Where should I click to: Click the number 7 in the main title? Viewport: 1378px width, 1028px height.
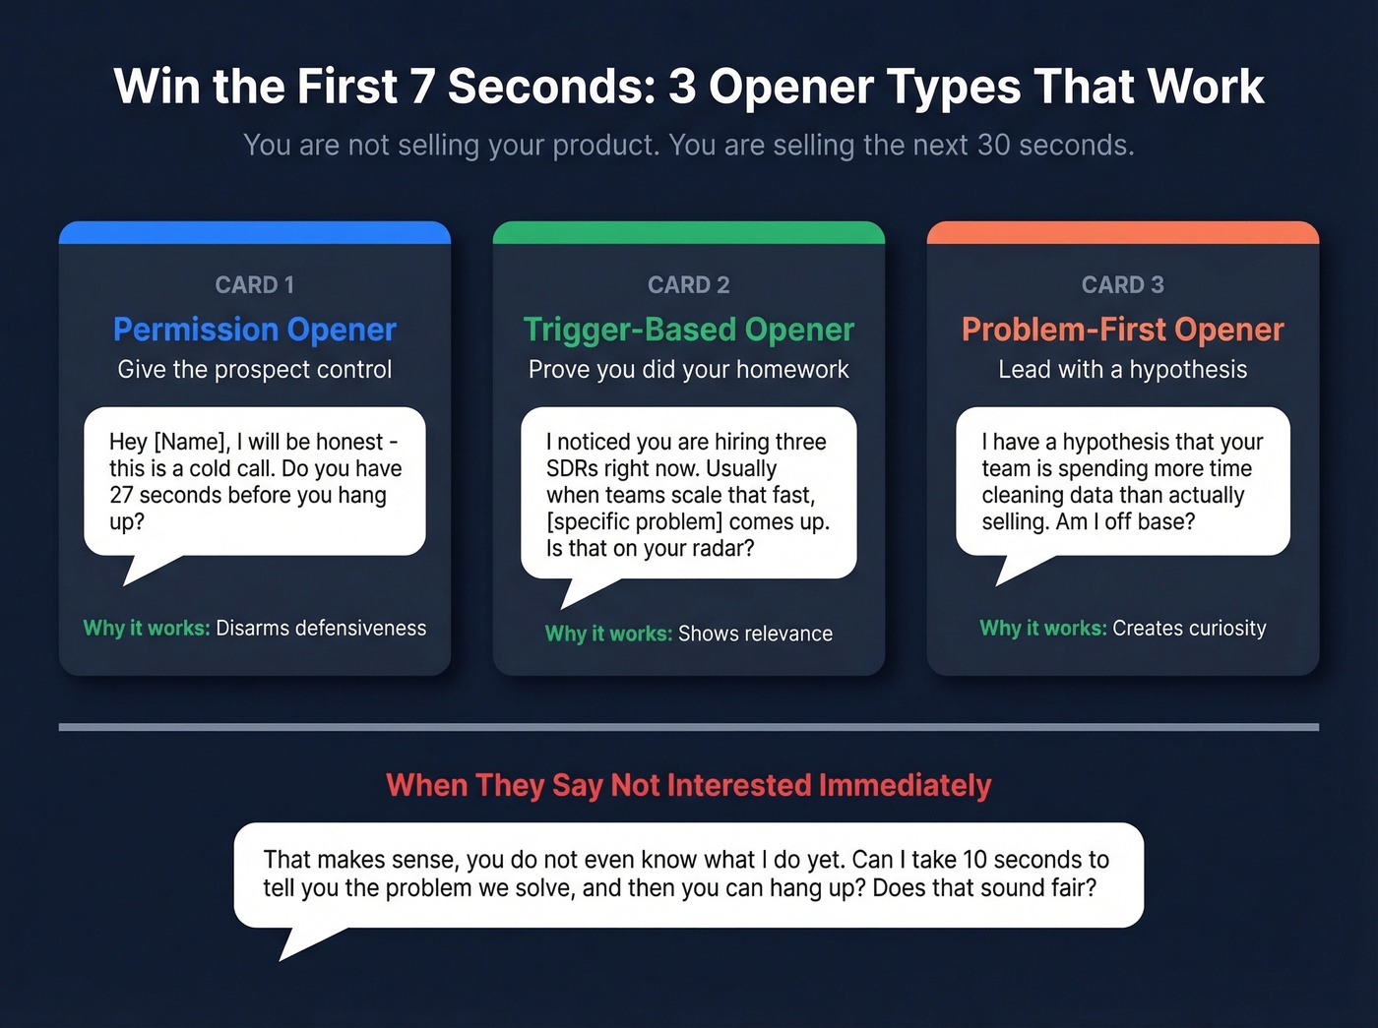coord(422,87)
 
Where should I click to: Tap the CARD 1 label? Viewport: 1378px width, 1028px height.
coord(255,285)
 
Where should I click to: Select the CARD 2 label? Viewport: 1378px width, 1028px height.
coord(688,285)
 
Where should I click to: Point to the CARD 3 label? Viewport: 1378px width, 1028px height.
coord(1122,285)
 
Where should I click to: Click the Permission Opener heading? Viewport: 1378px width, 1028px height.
coord(255,330)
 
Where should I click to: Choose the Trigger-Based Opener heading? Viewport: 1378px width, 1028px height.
coord(688,330)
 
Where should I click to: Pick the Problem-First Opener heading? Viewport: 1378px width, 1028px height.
coord(1122,330)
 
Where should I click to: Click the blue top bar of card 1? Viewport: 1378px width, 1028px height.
coord(255,233)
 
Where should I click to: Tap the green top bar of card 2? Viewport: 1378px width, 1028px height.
coord(688,233)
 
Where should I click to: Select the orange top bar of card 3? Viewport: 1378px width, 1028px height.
coord(1122,233)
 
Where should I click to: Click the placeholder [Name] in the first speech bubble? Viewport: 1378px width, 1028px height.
coord(191,443)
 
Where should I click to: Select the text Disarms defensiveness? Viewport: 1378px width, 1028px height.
coord(321,629)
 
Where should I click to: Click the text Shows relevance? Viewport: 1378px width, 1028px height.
coord(755,635)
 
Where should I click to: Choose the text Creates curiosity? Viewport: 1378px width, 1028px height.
coord(1189,629)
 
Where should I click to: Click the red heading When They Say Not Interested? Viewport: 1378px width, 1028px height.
coord(688,786)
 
